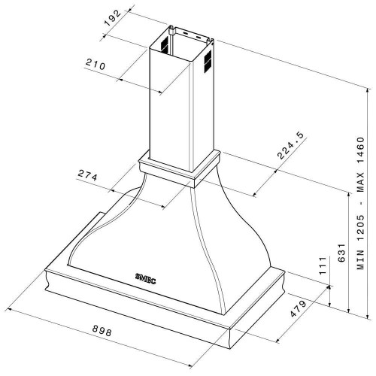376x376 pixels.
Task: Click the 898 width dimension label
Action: pos(102,331)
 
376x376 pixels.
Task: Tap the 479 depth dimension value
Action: pos(298,308)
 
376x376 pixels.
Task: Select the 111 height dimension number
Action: pos(323,265)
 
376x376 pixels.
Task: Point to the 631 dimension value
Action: pos(341,253)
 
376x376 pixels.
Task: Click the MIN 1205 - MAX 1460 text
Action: pos(361,203)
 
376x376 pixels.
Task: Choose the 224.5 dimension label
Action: pos(290,145)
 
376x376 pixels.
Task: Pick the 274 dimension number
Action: pos(87,175)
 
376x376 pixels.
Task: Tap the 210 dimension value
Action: pos(96,64)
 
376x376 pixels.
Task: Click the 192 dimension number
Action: pos(113,18)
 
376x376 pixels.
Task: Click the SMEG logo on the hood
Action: pos(145,278)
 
